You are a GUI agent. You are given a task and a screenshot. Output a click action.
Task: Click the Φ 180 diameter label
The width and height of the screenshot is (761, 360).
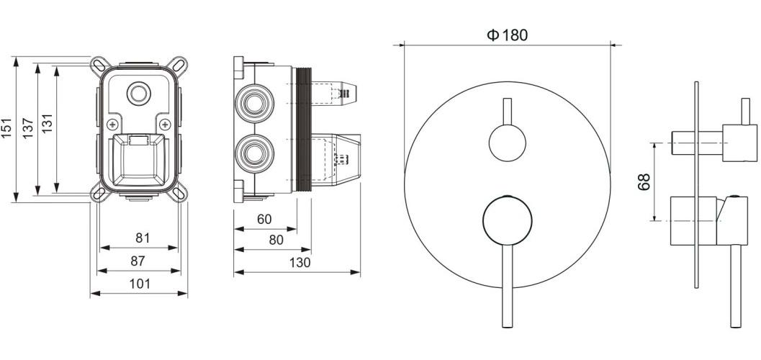507,35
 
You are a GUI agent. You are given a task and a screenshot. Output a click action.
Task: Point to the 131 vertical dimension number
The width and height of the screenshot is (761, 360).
47,123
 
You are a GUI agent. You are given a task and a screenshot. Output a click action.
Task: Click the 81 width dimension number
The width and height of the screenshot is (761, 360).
143,238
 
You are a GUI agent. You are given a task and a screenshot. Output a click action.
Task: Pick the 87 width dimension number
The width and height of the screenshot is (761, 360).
138,261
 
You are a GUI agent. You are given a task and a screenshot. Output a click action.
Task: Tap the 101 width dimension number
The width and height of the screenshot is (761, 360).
140,284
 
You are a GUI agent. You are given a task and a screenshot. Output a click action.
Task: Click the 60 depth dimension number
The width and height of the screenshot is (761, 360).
264,220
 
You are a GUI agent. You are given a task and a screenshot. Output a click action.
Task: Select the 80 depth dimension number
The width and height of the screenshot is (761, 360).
276,240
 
